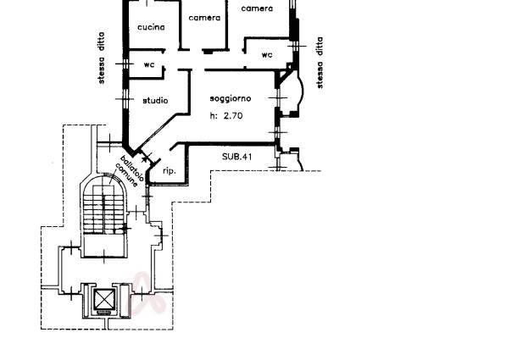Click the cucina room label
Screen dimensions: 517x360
(151, 27)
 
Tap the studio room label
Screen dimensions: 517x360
(155, 101)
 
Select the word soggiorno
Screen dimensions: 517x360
(231, 98)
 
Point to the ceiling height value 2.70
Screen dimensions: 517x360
(233, 116)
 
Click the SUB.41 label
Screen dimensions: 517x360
(236, 156)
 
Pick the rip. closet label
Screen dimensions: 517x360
(170, 171)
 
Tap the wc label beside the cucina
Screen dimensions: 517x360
(149, 64)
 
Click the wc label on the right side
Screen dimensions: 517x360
(267, 55)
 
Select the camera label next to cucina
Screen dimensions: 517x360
(204, 18)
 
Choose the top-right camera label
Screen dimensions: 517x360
(257, 8)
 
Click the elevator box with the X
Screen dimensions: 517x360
(105, 300)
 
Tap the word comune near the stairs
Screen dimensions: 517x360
(126, 175)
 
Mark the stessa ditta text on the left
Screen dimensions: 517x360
(102, 58)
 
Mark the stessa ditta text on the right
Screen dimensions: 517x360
(320, 63)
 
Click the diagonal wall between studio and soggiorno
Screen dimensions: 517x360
(158, 131)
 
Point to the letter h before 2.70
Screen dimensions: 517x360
(214, 115)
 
